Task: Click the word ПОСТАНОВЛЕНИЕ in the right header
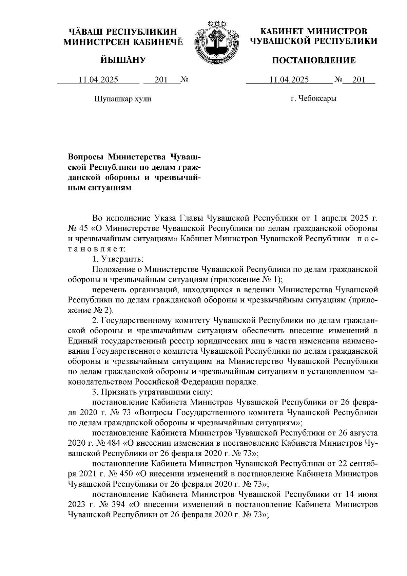(314, 61)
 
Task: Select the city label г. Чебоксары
(313, 99)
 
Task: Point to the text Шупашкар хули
(122, 99)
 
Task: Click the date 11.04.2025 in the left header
(98, 80)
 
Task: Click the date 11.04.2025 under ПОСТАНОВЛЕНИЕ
(289, 80)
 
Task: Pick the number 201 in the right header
(358, 80)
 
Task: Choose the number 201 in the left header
(161, 80)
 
